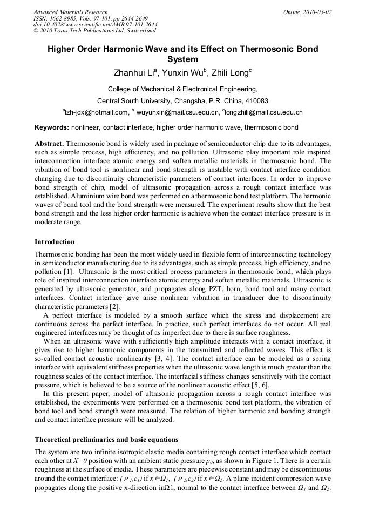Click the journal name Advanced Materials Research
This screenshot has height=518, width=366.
[70, 12]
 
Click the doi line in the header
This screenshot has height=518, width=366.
[95, 25]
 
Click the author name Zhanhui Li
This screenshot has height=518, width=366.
[134, 72]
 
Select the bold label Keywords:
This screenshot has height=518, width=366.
[52, 128]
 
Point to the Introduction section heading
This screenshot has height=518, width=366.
[55, 241]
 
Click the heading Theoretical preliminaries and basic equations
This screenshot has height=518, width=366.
[106, 439]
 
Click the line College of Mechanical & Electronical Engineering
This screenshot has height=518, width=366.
[182, 89]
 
